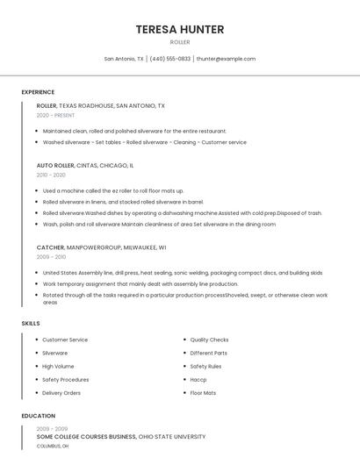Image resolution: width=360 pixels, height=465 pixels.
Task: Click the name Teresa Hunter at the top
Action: [x=179, y=29]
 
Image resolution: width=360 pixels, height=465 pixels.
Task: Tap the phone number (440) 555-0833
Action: [x=170, y=59]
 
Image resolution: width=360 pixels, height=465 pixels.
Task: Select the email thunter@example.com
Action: [x=226, y=59]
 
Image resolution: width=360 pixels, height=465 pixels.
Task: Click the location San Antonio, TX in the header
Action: [x=124, y=59]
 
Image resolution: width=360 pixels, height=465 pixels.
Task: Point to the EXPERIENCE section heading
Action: [x=38, y=92]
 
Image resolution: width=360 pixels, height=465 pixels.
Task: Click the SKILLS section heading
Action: [x=31, y=324]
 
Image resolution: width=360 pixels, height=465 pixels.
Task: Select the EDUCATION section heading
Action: [x=38, y=416]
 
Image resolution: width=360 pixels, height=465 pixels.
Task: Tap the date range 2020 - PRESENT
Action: [x=55, y=115]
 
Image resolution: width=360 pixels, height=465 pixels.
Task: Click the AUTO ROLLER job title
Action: [x=55, y=165]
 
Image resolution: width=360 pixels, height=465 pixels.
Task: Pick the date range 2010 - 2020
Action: [x=51, y=175]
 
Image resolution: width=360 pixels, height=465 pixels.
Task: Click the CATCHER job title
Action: [x=50, y=247]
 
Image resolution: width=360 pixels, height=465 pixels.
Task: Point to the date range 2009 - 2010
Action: [x=51, y=257]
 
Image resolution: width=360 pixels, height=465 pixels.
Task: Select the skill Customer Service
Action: [x=65, y=340]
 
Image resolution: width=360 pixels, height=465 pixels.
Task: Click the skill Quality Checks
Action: [x=209, y=340]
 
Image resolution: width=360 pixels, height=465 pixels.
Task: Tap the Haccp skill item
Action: [x=198, y=379]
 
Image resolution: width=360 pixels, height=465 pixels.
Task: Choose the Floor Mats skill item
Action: [x=203, y=392]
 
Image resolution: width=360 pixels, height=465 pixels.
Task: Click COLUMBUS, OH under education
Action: [x=53, y=446]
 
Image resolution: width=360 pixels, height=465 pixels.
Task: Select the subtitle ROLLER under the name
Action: [x=179, y=42]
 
